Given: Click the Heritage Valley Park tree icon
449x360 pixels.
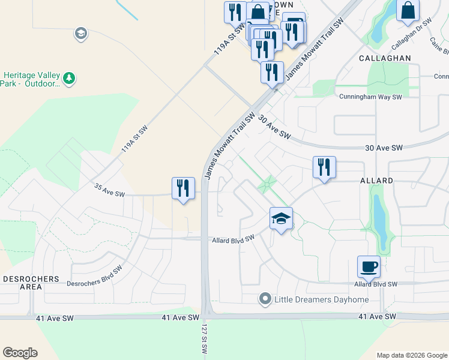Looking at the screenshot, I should click(x=70, y=77).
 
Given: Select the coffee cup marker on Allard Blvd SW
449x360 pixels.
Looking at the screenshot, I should click(x=369, y=266).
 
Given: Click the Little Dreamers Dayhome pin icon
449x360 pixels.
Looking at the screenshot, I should click(x=265, y=298).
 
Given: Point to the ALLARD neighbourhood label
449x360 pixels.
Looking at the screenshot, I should click(x=376, y=180).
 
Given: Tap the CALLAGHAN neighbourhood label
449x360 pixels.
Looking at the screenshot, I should click(x=385, y=58).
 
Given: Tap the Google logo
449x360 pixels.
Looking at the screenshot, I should click(x=20, y=353).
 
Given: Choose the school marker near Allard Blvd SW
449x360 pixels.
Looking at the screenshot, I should click(x=281, y=219).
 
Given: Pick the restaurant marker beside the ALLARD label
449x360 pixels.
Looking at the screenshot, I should click(x=324, y=167).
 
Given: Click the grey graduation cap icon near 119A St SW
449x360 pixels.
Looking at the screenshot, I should click(x=80, y=34).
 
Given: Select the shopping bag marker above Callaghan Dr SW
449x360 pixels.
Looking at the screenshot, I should click(x=408, y=11).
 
